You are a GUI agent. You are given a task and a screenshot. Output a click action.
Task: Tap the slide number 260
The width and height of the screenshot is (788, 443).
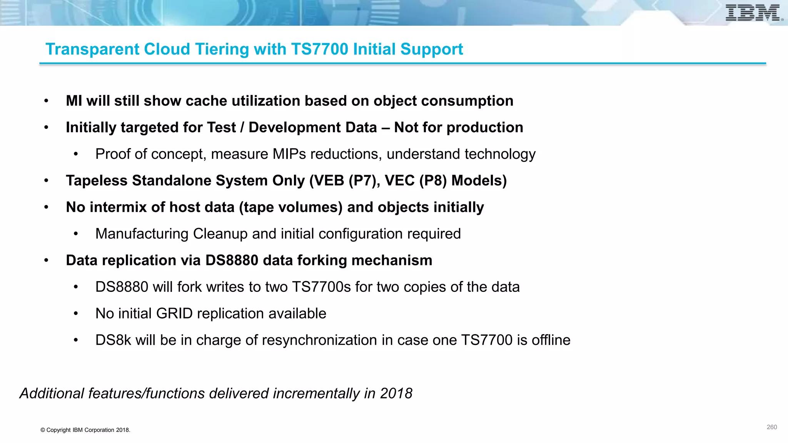click(x=771, y=427)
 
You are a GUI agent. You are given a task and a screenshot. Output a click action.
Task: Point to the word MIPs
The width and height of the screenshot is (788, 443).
click(x=289, y=154)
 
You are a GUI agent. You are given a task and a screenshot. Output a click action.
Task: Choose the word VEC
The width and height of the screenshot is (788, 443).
click(x=399, y=181)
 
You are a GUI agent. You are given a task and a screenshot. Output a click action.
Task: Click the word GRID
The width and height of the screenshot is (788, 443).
click(x=174, y=314)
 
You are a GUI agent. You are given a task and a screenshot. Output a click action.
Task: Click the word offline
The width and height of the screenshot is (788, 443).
click(x=551, y=340)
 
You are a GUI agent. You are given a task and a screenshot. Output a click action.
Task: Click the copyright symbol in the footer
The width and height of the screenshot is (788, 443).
click(x=43, y=430)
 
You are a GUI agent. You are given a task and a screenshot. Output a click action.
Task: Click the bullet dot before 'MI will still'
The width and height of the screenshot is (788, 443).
click(x=46, y=101)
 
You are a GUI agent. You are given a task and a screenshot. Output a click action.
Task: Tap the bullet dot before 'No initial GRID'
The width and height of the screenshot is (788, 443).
click(x=76, y=314)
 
